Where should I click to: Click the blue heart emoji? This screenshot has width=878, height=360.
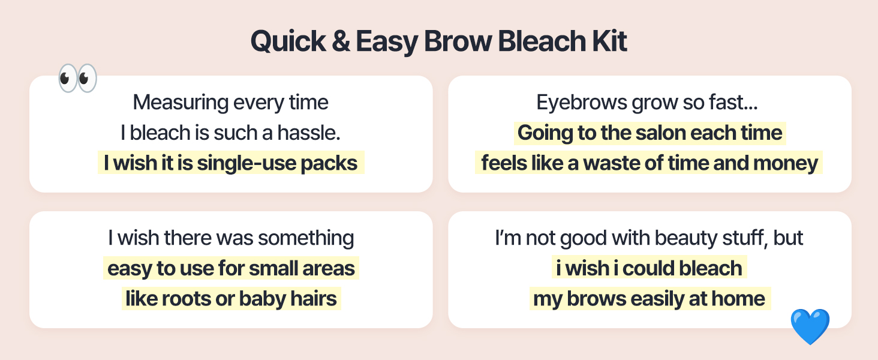click(x=810, y=326)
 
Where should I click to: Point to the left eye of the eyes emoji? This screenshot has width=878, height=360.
click(x=68, y=78)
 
